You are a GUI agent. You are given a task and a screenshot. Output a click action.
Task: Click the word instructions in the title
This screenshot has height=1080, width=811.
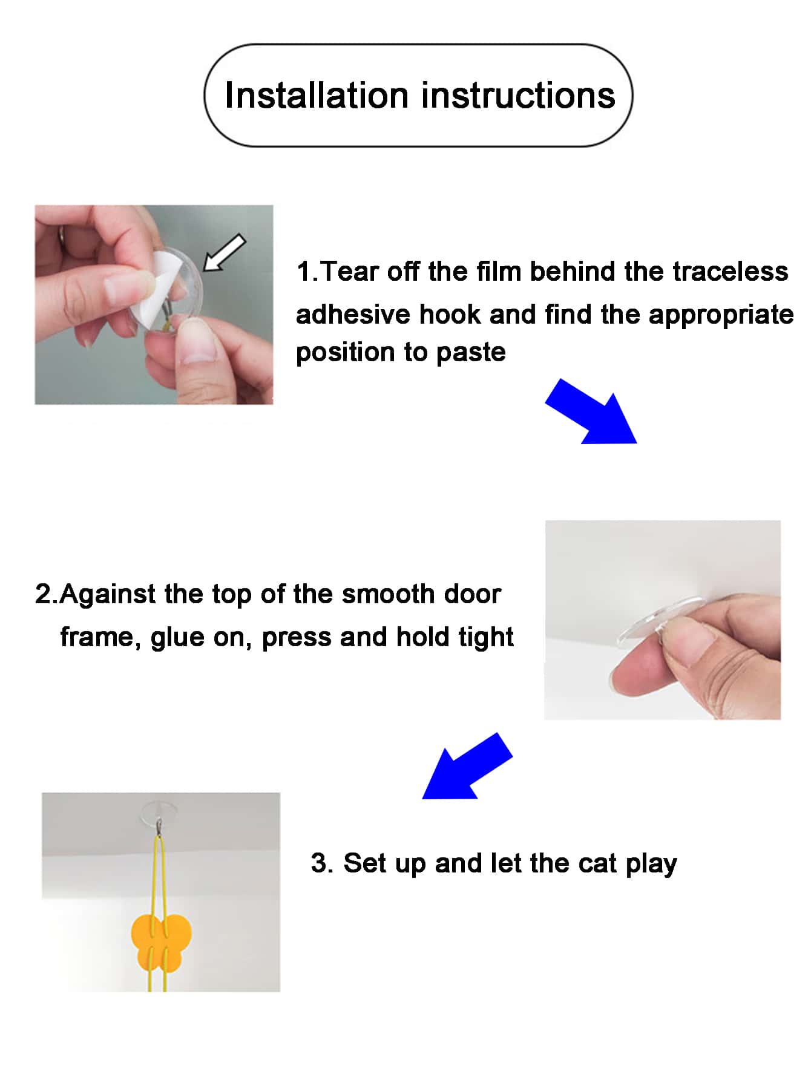tap(519, 96)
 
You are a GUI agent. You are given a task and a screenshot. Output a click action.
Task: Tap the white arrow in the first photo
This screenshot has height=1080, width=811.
tap(223, 252)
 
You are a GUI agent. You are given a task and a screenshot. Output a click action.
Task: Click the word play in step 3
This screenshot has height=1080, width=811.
tap(651, 865)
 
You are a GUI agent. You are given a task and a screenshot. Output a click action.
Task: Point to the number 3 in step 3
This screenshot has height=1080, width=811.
tap(319, 863)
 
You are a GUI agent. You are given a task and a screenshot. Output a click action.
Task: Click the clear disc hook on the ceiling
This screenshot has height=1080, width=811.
tap(159, 811)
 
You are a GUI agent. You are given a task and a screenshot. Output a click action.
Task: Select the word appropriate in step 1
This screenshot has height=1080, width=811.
tap(721, 315)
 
